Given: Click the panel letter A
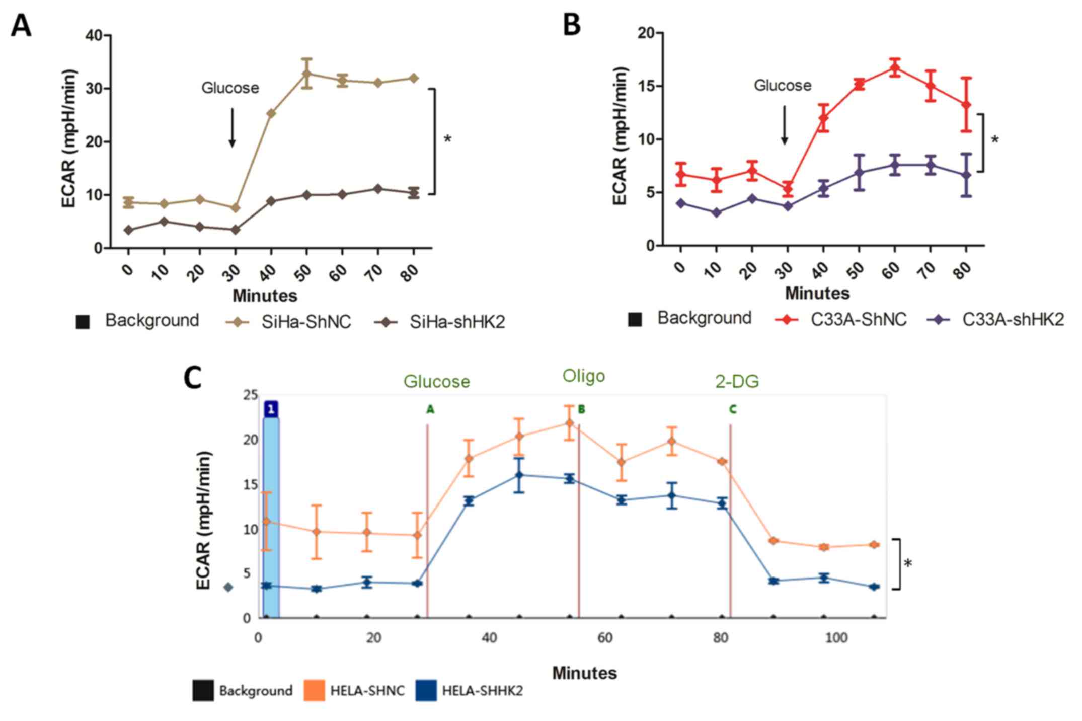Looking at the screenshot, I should pyautogui.click(x=21, y=25).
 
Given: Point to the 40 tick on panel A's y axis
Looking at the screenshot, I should pyautogui.click(x=94, y=35).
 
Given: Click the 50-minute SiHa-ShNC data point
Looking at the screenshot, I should pyautogui.click(x=306, y=74).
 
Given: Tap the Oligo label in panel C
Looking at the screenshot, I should pyautogui.click(x=583, y=376).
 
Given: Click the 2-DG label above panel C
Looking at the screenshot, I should pyautogui.click(x=737, y=382).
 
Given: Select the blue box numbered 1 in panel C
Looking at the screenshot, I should pyautogui.click(x=271, y=409).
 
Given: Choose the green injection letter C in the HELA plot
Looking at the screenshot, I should pyautogui.click(x=733, y=409).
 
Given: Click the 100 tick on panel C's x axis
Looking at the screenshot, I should pyautogui.click(x=836, y=638).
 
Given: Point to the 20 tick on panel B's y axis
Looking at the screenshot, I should pyautogui.click(x=646, y=33).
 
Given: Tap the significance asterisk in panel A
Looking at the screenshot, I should pyautogui.click(x=447, y=139).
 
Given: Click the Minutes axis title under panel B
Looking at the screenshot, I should pyautogui.click(x=817, y=293).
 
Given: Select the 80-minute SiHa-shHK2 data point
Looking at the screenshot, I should pyautogui.click(x=413, y=192).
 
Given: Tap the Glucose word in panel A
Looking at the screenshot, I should pyautogui.click(x=230, y=88).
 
